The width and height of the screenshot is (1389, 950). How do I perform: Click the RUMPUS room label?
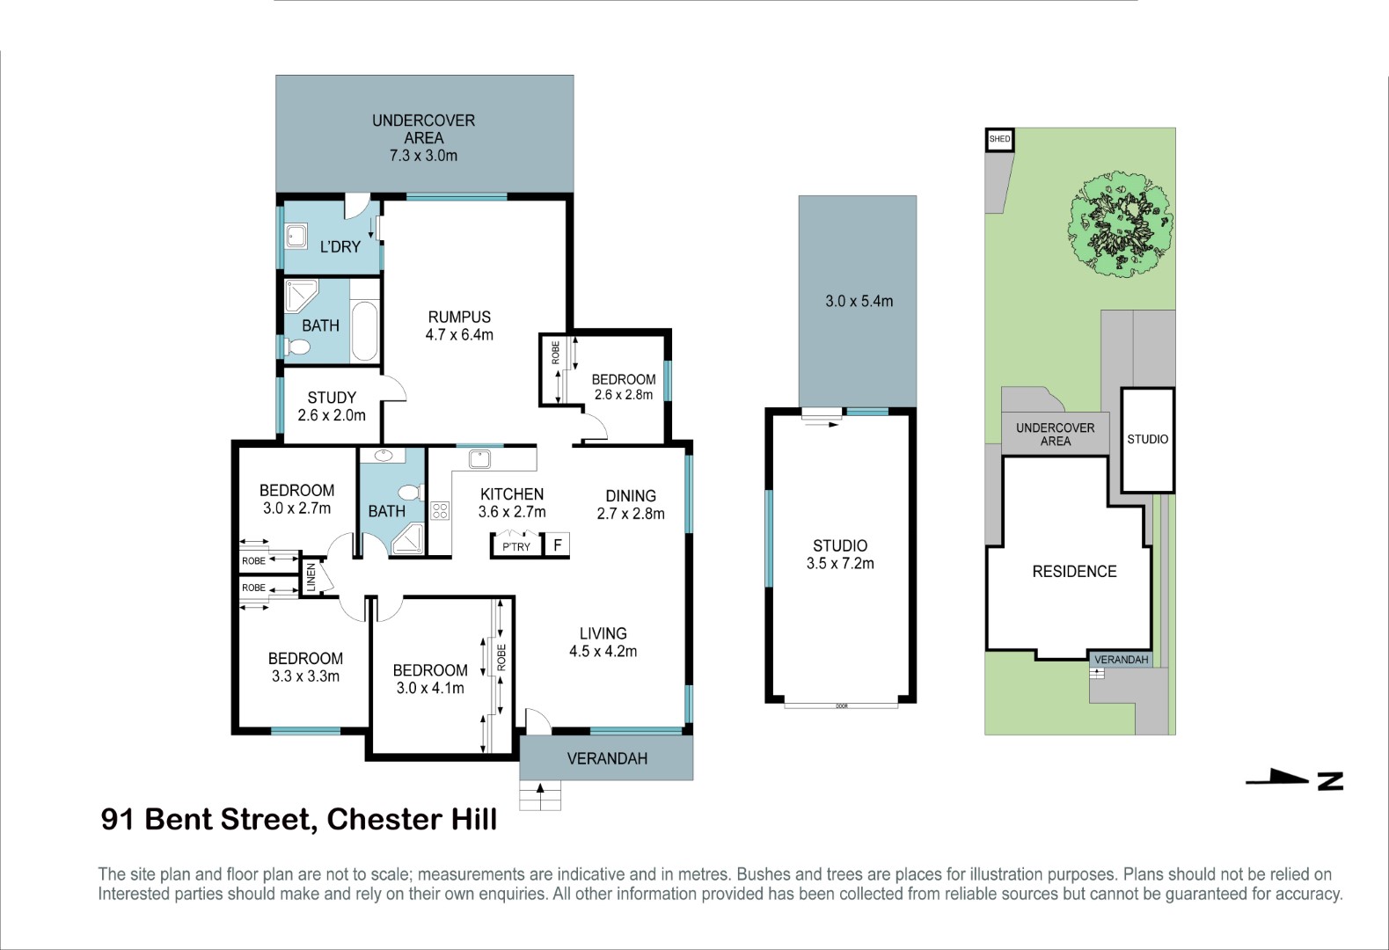[459, 317]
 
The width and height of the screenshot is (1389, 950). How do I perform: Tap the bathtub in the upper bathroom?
[364, 331]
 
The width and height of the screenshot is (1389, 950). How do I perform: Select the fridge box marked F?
[557, 545]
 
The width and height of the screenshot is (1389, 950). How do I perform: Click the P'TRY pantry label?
[515, 546]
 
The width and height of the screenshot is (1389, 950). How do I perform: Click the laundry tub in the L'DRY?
[296, 237]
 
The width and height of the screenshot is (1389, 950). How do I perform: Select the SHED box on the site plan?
[999, 139]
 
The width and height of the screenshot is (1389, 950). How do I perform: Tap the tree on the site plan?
[1120, 223]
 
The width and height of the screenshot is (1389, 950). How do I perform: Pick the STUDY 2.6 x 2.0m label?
[331, 406]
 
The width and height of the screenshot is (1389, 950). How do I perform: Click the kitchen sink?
[479, 459]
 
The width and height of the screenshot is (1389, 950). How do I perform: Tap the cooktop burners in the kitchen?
[440, 511]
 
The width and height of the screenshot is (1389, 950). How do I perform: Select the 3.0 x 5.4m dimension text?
[859, 302]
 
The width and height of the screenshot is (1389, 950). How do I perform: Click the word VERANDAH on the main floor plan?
[607, 758]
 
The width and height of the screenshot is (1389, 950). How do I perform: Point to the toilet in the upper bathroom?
[296, 347]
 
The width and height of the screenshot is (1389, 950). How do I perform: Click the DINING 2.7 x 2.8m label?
[631, 505]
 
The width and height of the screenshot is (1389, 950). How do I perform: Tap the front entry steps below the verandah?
[540, 795]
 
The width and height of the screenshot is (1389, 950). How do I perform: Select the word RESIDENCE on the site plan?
[1074, 571]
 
